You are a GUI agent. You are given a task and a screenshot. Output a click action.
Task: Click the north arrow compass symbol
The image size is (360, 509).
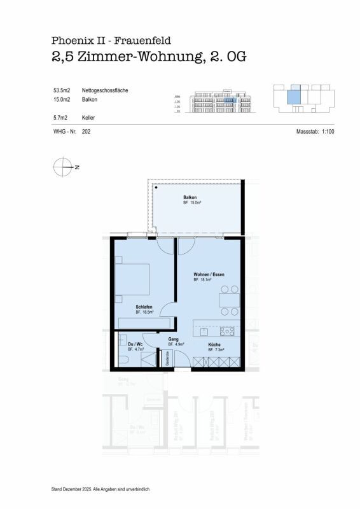coord(62,167)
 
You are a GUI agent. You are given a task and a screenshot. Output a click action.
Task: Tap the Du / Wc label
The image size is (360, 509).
coord(135,344)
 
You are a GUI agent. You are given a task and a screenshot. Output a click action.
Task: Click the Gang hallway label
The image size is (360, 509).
coord(172,339)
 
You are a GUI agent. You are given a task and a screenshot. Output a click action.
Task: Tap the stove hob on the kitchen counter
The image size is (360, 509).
coord(227,331)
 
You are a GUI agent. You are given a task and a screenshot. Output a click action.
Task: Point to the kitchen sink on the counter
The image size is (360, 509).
coord(204,331)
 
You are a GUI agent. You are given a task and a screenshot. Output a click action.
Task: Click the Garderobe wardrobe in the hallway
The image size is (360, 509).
coord(169,357)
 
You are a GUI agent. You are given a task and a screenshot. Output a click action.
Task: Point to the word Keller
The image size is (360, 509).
coord(89,118)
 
